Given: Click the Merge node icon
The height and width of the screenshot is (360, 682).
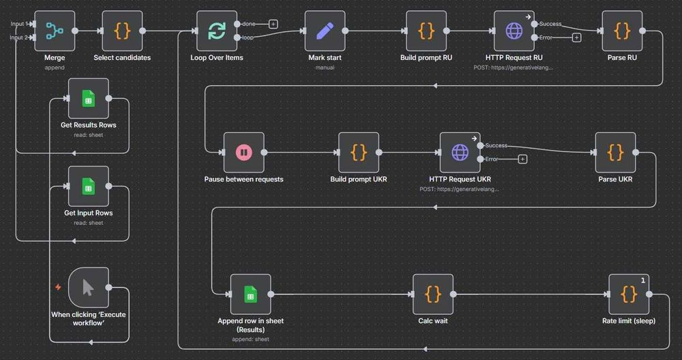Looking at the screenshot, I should [x=54, y=31].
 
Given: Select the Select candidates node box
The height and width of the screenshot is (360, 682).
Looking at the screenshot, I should [x=122, y=31].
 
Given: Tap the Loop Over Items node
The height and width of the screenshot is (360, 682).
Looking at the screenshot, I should [x=217, y=31].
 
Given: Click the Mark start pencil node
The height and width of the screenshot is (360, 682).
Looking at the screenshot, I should [x=325, y=31].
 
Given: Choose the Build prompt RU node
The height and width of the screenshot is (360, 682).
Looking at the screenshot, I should [x=426, y=31].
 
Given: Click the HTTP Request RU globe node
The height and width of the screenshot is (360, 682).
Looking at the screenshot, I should [x=514, y=31].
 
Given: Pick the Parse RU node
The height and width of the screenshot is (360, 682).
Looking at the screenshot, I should [x=622, y=31].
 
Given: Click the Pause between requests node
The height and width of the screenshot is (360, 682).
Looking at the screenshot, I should [x=243, y=152].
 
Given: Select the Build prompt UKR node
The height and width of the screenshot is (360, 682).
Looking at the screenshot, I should [x=359, y=152].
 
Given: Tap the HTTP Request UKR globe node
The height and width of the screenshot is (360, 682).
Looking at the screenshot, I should [x=460, y=152].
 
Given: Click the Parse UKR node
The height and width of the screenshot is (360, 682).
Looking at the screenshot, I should [x=615, y=152].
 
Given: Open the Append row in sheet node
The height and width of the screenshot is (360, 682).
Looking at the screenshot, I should [x=250, y=295].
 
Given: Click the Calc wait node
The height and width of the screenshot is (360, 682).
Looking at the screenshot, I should [x=433, y=295].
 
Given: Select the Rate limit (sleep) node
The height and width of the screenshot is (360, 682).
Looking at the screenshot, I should [x=629, y=295].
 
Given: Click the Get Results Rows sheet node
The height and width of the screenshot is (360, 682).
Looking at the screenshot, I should [x=88, y=98].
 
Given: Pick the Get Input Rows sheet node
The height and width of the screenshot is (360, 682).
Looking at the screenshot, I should [x=88, y=185].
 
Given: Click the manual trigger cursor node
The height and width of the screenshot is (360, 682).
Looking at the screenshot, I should [x=88, y=287].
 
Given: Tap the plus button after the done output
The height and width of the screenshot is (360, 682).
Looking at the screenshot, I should [x=273, y=24].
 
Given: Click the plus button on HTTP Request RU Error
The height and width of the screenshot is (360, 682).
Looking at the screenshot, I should [x=576, y=37].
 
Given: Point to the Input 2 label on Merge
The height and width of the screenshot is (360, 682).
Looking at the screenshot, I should [x=18, y=37].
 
